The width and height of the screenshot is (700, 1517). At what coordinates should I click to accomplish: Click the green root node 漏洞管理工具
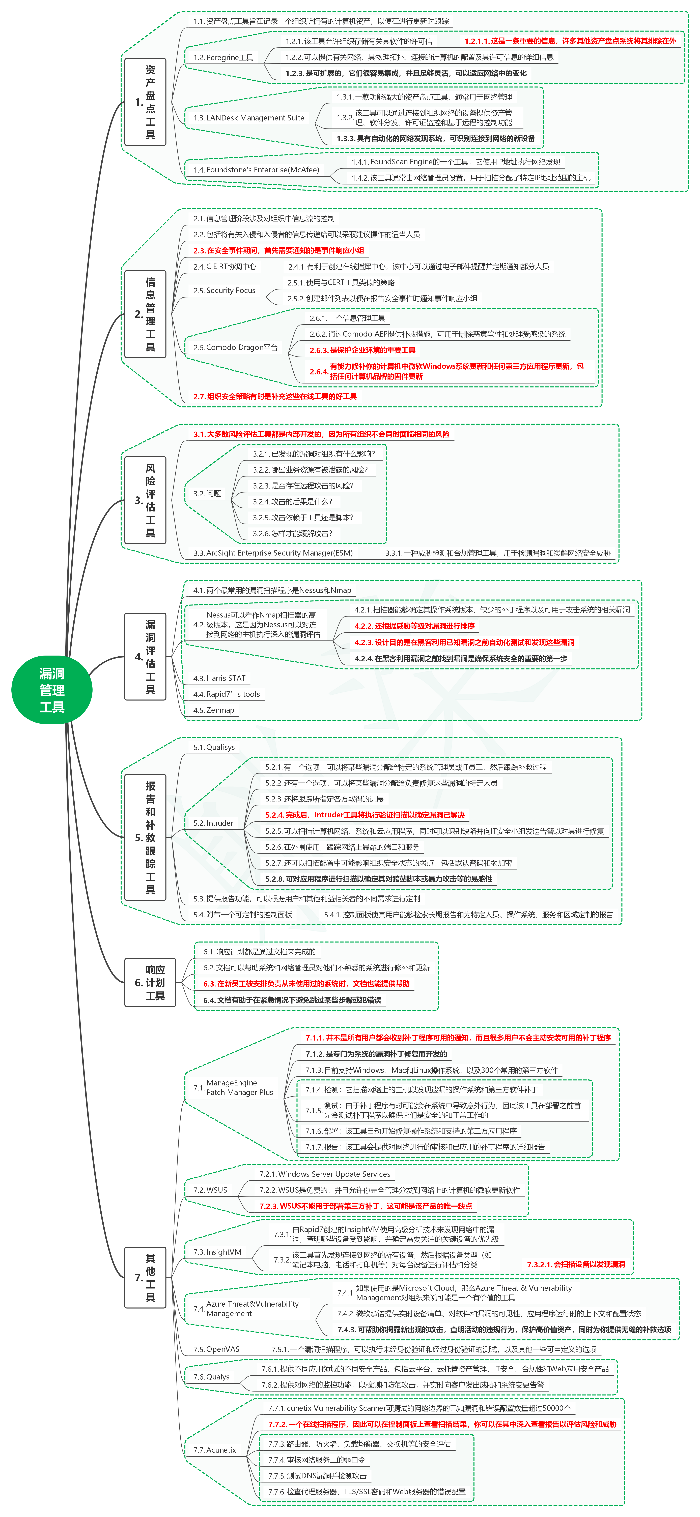coord(52,690)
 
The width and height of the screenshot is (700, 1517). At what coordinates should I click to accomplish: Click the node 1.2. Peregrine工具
coord(223,58)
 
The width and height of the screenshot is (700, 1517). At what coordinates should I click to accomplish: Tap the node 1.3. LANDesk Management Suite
coord(249,118)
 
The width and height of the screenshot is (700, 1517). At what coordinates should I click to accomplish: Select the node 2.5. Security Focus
coord(225,290)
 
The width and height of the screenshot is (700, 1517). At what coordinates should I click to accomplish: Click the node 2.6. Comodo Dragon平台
coord(236,347)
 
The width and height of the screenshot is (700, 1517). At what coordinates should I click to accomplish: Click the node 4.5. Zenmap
coord(214,710)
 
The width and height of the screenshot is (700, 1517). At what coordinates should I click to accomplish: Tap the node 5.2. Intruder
coord(213,823)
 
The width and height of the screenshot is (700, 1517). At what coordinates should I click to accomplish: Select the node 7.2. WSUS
coord(210,1190)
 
